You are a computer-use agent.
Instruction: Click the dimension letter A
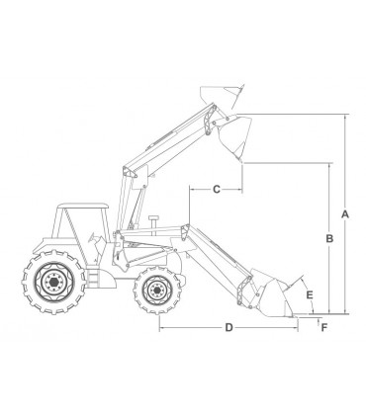coord(345,214)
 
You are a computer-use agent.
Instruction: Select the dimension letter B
coord(329,238)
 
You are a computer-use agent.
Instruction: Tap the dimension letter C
coord(217,190)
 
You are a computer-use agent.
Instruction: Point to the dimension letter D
coord(229,328)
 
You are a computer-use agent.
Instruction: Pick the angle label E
coord(310,294)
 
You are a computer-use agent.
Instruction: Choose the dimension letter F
coord(324,327)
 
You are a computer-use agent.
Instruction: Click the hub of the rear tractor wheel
coord(53,282)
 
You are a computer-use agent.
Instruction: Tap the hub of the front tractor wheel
coord(156,290)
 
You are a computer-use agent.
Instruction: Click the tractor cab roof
coord(83,206)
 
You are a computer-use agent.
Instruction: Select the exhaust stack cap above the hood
coord(153,218)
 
